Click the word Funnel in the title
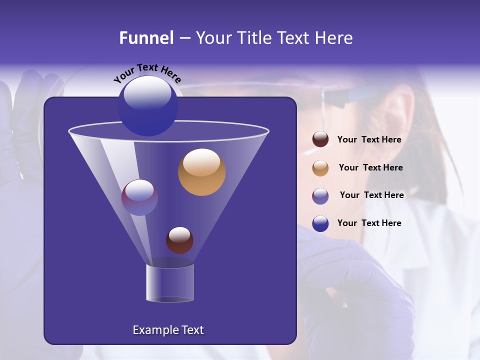pyautogui.click(x=146, y=38)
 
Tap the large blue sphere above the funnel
pyautogui.click(x=147, y=106)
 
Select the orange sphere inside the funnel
pyautogui.click(x=201, y=172)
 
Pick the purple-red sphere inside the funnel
pyautogui.click(x=139, y=197)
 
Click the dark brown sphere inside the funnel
pyautogui.click(x=179, y=240)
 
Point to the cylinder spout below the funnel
pyautogui.click(x=170, y=283)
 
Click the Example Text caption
pyautogui.click(x=168, y=330)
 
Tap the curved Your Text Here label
pyautogui.click(x=147, y=73)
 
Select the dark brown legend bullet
pyautogui.click(x=320, y=139)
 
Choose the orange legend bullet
pyautogui.click(x=320, y=168)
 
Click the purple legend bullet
pyautogui.click(x=320, y=196)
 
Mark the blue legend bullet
pyautogui.click(x=320, y=223)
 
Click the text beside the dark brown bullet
pyautogui.click(x=369, y=140)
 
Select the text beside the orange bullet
pyautogui.click(x=370, y=168)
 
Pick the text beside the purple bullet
pyautogui.click(x=371, y=195)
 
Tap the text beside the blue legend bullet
pyautogui.click(x=369, y=223)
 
